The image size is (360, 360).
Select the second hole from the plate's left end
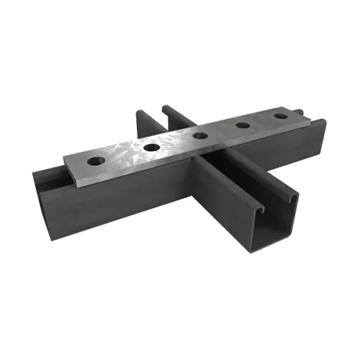point(152,147)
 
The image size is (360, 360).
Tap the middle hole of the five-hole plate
point(200,135)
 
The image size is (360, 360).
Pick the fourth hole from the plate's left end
point(243,125)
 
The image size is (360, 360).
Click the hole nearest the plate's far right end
point(280,116)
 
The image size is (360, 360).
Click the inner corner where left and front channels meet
point(196,180)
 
